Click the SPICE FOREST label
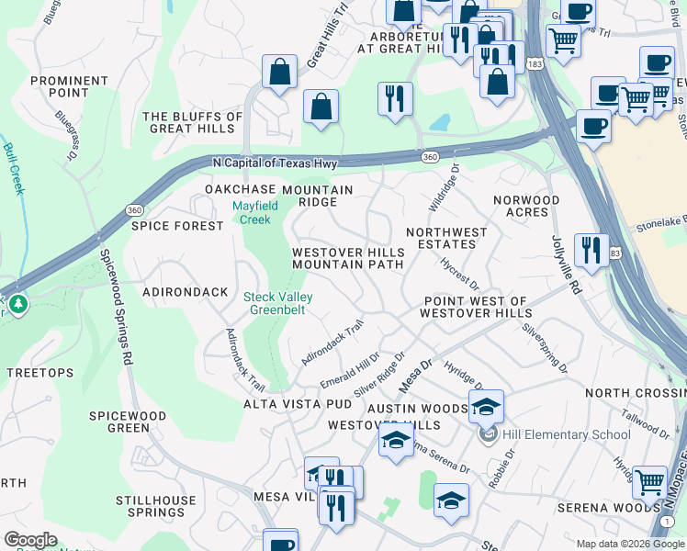point(177,226)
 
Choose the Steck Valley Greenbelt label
point(277,303)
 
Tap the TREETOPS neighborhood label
point(39,373)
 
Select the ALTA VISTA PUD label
point(298,404)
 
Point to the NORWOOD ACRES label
point(525,206)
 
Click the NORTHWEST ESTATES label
point(441,239)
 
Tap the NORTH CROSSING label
point(635,393)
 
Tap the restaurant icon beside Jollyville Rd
point(591,251)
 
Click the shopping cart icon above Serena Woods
point(649,481)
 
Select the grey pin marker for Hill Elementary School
point(488,434)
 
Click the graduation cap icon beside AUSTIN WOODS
point(486,406)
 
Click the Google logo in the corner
point(31,540)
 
